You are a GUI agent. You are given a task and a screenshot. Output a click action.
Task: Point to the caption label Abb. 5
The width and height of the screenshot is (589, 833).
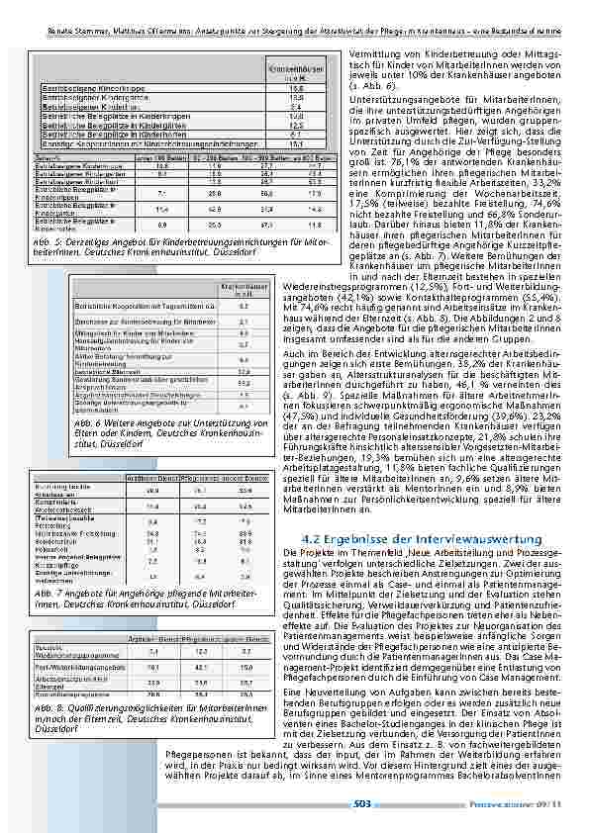point(45,242)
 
